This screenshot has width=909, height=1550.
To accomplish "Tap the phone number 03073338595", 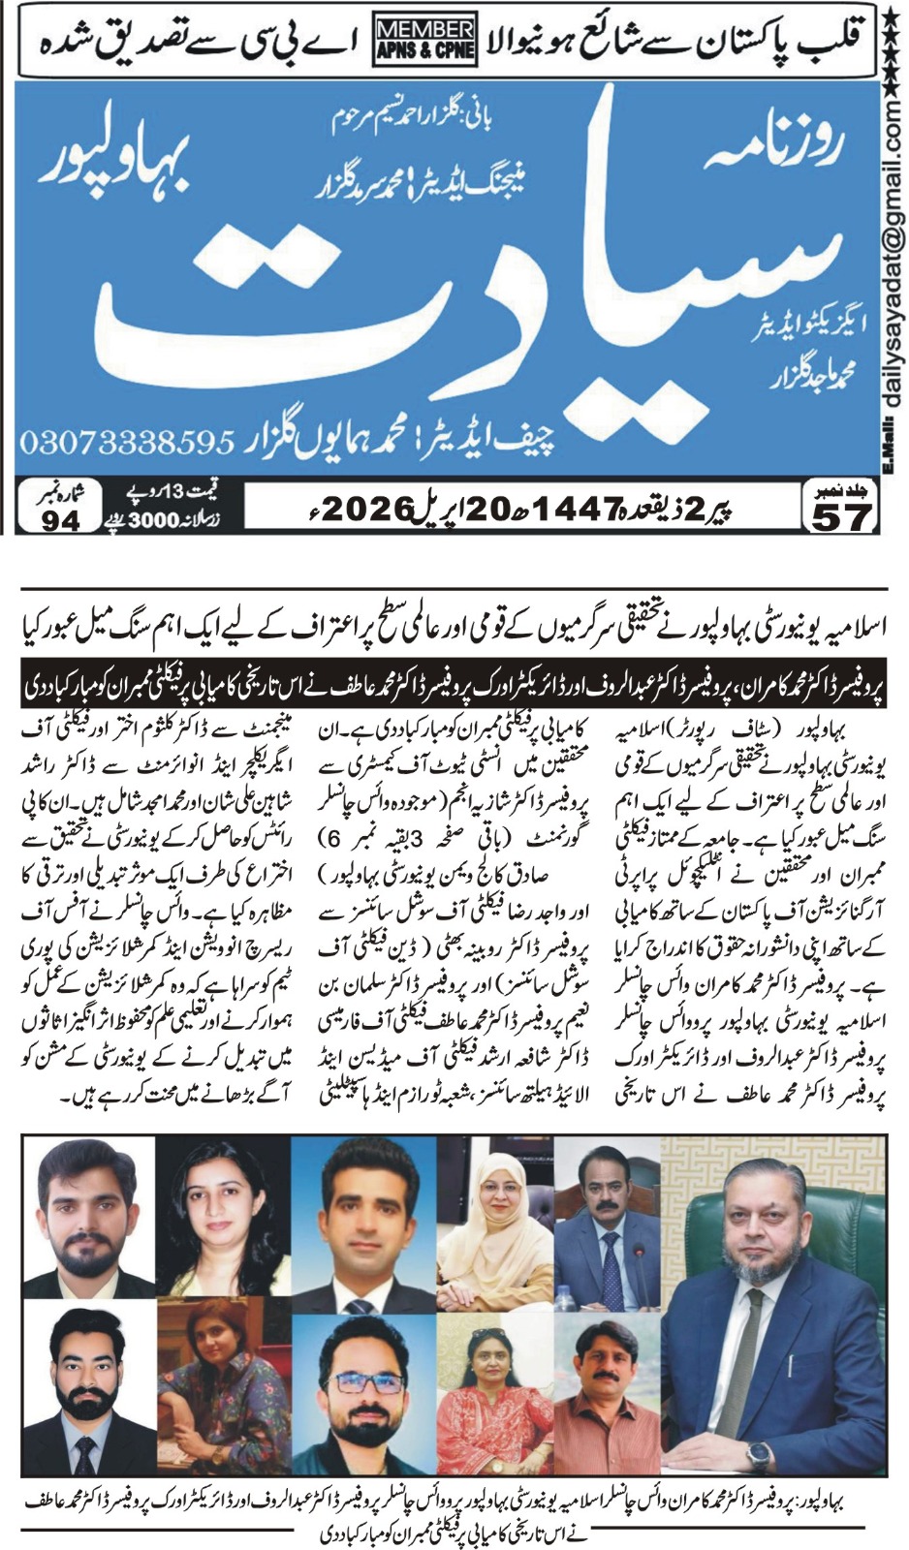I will (x=127, y=444).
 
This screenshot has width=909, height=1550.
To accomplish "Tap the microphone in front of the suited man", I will (x=638, y=1263).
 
